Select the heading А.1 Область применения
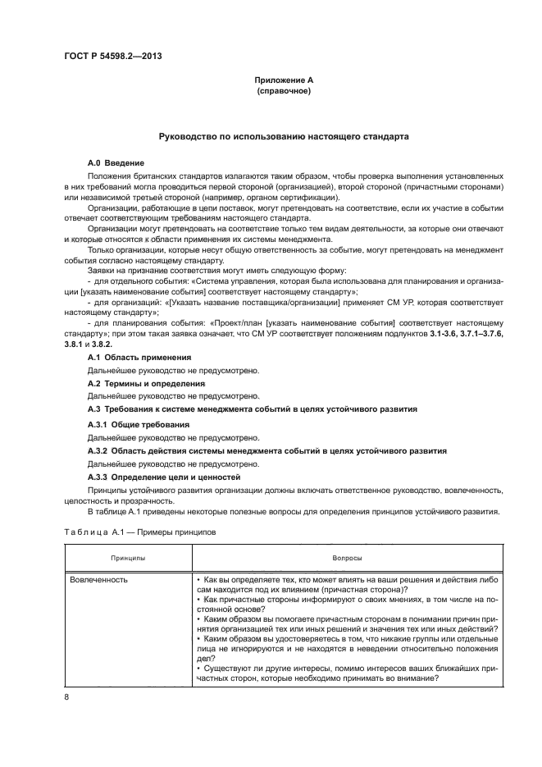139,358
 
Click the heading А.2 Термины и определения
146,383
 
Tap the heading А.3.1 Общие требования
138,424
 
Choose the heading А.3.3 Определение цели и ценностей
164,477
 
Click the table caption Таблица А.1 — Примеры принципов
139,532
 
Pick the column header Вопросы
344,557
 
